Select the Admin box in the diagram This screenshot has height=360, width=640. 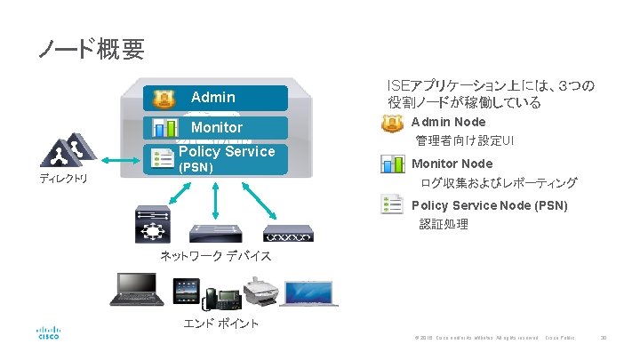pos(216,97)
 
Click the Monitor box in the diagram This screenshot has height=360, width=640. pos(216,127)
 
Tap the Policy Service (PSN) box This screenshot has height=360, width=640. pos(216,158)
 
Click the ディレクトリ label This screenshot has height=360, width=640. pos(63,180)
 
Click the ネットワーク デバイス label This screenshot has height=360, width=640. pos(215,257)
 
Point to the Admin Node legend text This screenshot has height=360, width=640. pos(448,122)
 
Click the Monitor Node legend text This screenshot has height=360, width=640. pos(452,164)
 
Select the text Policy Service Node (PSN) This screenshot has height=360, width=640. pos(489,206)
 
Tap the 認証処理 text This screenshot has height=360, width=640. pos(444,224)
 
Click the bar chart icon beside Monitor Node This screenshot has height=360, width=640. pos(393,164)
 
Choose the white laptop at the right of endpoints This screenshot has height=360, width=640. pos(310,293)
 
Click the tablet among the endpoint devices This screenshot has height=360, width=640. pos(185,293)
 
